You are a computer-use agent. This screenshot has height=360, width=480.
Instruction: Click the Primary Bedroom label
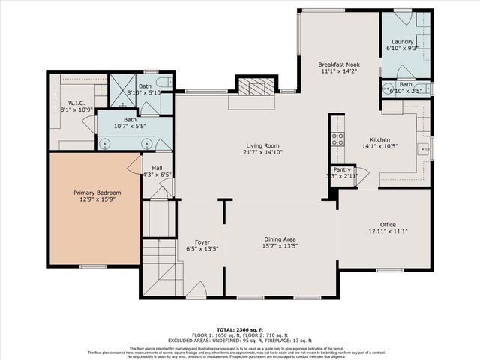[97, 193]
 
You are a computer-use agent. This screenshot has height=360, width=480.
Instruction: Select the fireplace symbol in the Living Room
[251, 87]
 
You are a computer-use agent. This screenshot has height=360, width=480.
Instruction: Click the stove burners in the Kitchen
[337, 139]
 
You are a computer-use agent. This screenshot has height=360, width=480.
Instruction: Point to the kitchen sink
[423, 147]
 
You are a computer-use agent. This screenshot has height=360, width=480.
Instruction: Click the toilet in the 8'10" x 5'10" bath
[163, 82]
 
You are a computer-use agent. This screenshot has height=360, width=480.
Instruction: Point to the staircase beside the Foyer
[159, 266]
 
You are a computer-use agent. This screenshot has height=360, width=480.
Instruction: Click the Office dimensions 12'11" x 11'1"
[387, 231]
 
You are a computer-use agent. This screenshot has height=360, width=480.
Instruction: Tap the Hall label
[157, 168]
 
